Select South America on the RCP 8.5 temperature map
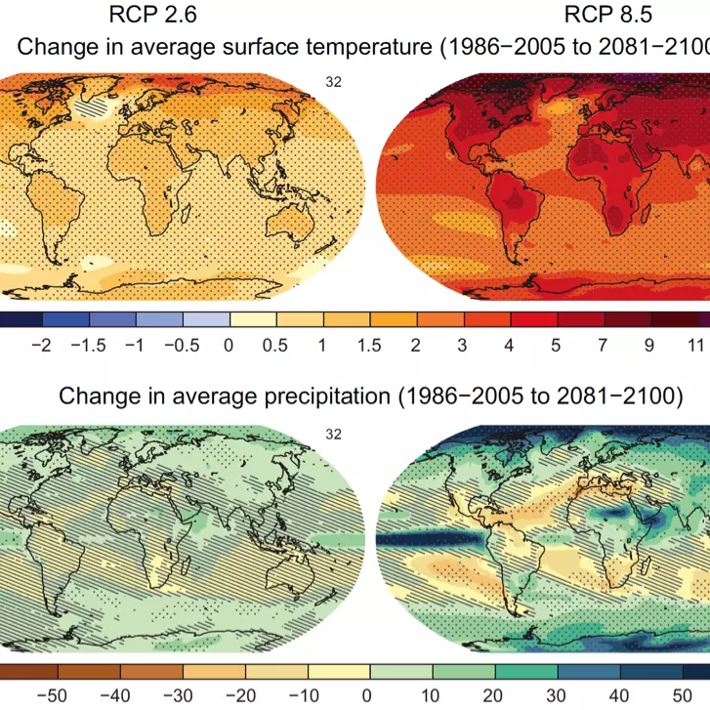[x=509, y=200]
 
